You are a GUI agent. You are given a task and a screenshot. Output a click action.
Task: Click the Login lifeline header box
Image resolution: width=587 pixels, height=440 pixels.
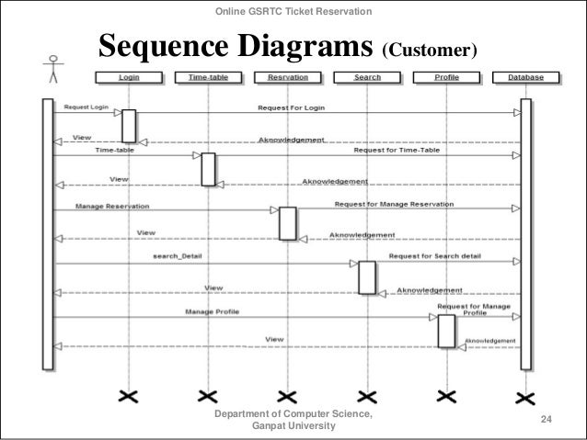click(x=129, y=77)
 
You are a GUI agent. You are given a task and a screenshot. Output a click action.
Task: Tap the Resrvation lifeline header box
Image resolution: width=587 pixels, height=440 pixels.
click(x=287, y=77)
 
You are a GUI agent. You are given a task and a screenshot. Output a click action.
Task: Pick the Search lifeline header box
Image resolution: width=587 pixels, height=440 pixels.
click(x=367, y=77)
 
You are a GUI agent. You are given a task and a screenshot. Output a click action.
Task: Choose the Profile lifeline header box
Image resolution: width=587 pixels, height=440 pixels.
click(x=446, y=77)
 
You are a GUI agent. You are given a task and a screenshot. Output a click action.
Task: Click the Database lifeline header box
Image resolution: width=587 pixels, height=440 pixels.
click(x=524, y=77)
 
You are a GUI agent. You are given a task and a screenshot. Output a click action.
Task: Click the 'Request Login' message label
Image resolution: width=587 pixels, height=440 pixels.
click(x=86, y=107)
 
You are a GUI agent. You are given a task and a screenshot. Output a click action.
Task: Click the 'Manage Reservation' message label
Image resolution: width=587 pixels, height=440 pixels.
click(x=112, y=206)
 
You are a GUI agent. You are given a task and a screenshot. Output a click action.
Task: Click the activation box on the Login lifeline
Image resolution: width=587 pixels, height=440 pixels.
click(x=129, y=126)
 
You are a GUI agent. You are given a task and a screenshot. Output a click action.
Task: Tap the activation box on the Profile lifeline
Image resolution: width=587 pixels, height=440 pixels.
click(x=446, y=331)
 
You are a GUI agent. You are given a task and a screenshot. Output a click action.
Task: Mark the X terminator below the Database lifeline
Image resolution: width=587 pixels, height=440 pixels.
click(x=524, y=397)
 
